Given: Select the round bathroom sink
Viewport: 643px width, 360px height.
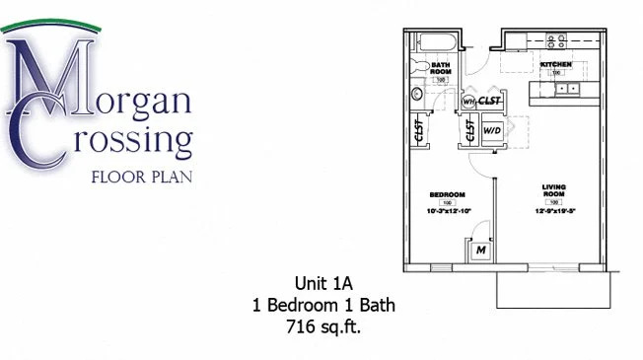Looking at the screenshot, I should point(416,95).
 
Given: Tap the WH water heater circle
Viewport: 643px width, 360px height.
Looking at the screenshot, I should point(468,102).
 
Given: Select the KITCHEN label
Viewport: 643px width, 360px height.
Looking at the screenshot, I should point(555,65).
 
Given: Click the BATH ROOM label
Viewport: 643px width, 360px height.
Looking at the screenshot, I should point(442,68).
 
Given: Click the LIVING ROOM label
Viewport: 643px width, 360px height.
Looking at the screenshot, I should point(553,189).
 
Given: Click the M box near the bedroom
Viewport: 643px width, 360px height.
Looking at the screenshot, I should point(480,252).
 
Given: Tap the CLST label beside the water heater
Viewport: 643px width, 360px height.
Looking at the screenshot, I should point(490,101).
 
